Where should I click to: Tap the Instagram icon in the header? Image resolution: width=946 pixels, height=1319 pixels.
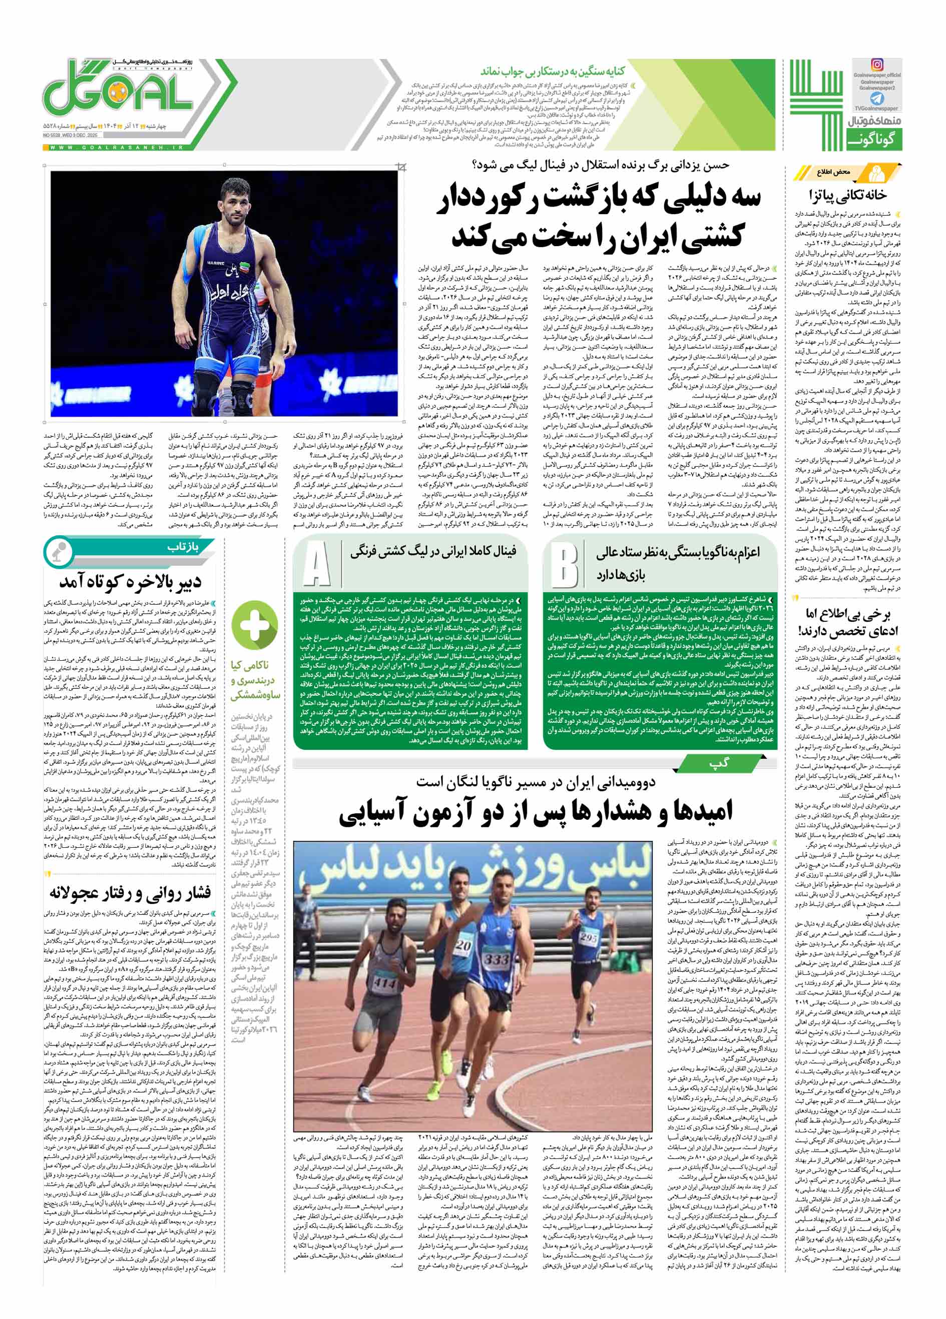click(876, 65)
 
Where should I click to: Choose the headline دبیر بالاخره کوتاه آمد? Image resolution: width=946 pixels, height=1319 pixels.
click(130, 582)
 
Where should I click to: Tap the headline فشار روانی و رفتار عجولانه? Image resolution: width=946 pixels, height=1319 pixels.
click(130, 893)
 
